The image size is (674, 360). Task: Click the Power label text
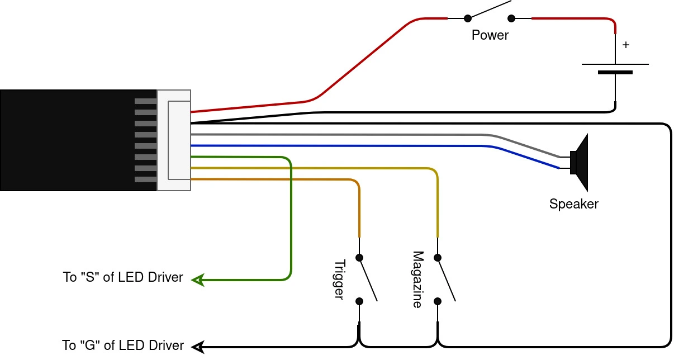pyautogui.click(x=490, y=35)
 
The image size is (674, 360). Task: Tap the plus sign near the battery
pyautogui.click(x=626, y=45)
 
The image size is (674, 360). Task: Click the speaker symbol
pyautogui.click(x=579, y=163)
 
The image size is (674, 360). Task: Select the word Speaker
pyautogui.click(x=574, y=204)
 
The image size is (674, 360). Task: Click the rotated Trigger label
pyautogui.click(x=339, y=280)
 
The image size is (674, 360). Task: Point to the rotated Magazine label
pyautogui.click(x=417, y=280)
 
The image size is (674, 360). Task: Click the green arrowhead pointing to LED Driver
pyautogui.click(x=198, y=280)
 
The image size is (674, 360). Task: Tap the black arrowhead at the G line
pyautogui.click(x=198, y=347)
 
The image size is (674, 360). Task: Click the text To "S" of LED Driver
pyautogui.click(x=123, y=277)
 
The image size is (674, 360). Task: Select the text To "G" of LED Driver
pyautogui.click(x=123, y=345)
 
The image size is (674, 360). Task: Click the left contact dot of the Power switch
pyautogui.click(x=468, y=18)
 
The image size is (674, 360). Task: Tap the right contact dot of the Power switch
pyautogui.click(x=511, y=18)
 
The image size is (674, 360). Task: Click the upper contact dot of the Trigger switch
pyautogui.click(x=359, y=258)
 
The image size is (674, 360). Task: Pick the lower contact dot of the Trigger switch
pyautogui.click(x=359, y=301)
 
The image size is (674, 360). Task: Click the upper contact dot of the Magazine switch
pyautogui.click(x=438, y=258)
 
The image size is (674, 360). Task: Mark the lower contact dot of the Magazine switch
pyautogui.click(x=438, y=301)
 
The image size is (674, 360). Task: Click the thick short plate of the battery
pyautogui.click(x=615, y=72)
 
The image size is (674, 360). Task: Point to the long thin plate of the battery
pyautogui.click(x=615, y=64)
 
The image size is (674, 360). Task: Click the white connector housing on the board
pyautogui.click(x=174, y=140)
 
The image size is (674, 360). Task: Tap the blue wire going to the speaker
pyautogui.click(x=375, y=146)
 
